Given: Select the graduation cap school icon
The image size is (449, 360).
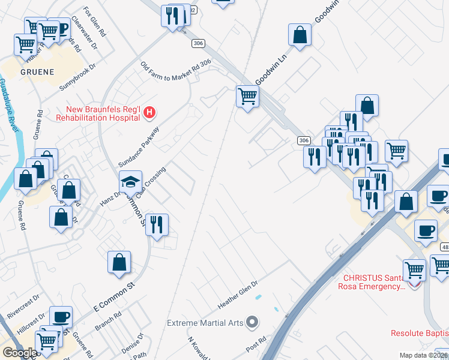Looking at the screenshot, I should pyautogui.click(x=130, y=182).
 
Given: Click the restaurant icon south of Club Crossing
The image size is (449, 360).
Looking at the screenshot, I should pyautogui.click(x=157, y=225).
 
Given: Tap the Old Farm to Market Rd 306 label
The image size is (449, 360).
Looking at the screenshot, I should pyautogui.click(x=175, y=71).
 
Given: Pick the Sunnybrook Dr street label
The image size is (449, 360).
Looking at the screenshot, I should pyautogui.click(x=78, y=76).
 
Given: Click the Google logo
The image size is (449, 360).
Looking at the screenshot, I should pyautogui.click(x=19, y=353).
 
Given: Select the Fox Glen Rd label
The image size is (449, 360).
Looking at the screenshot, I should pyautogui.click(x=94, y=22).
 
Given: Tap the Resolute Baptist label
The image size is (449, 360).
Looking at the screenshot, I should pyautogui.click(x=419, y=334).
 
